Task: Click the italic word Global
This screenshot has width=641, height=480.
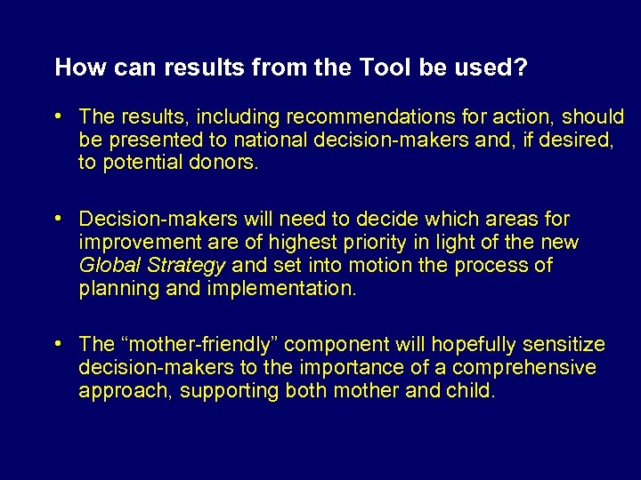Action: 107,266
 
